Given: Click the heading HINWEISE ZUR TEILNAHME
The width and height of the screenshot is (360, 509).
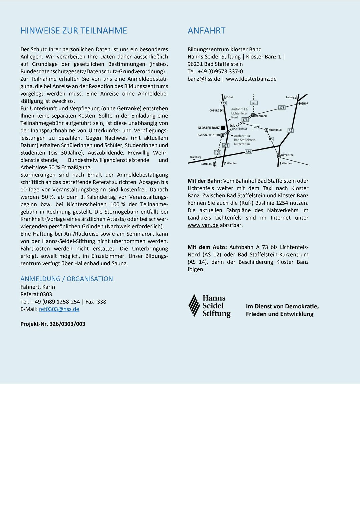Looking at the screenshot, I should (x=74, y=31).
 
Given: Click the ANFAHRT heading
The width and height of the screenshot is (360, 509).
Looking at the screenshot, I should (x=206, y=31).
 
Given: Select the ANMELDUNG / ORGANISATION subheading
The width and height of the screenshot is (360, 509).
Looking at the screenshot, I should (x=67, y=279).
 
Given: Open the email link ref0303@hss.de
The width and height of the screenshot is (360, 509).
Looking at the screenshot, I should (x=59, y=309).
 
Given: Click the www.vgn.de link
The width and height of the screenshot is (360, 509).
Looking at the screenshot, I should (x=203, y=225).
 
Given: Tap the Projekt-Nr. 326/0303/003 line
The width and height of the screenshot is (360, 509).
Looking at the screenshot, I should (x=53, y=324).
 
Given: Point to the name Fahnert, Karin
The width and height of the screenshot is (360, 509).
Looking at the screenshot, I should (x=38, y=287).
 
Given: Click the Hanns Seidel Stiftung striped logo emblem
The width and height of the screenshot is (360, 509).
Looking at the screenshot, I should (x=194, y=305).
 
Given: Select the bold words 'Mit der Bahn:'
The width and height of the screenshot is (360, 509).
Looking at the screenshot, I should (x=204, y=181).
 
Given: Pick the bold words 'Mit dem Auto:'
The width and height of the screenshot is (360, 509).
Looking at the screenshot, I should (x=207, y=247).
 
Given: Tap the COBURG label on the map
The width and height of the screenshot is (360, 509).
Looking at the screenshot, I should (x=214, y=110).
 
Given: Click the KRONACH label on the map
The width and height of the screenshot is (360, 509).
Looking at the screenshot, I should (x=261, y=116).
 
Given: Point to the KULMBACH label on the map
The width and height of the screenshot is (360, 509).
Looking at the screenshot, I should (x=275, y=130).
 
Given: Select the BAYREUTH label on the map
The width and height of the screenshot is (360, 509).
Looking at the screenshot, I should (x=287, y=155).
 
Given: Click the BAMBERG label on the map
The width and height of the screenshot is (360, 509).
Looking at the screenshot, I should (x=206, y=164).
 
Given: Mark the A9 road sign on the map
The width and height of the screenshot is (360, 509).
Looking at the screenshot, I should (x=290, y=130).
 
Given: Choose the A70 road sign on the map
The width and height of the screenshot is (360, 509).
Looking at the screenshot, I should (x=248, y=152).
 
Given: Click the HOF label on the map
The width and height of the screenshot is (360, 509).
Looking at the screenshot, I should (x=305, y=104).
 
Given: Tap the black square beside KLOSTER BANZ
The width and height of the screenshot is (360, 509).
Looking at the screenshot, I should (x=223, y=128).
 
